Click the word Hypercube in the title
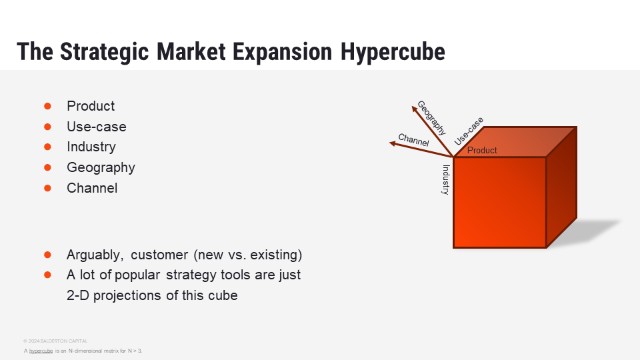click(x=393, y=52)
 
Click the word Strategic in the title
click(x=105, y=52)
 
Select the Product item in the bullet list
click(x=91, y=106)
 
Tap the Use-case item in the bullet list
click(x=96, y=127)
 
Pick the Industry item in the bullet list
click(x=91, y=147)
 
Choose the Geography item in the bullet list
click(x=101, y=168)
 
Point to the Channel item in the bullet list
click(x=92, y=188)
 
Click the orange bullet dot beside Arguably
click(x=47, y=255)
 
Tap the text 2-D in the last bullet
click(x=77, y=295)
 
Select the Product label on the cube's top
click(x=482, y=150)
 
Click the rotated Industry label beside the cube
click(x=446, y=179)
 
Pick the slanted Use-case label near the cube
click(x=469, y=131)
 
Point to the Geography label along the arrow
click(x=431, y=117)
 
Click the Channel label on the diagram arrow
click(x=413, y=140)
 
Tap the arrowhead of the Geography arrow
click(x=414, y=108)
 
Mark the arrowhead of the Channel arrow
click(x=392, y=143)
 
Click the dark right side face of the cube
click(x=561, y=187)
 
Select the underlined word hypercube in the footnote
click(x=41, y=351)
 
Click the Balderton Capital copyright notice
click(x=55, y=341)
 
